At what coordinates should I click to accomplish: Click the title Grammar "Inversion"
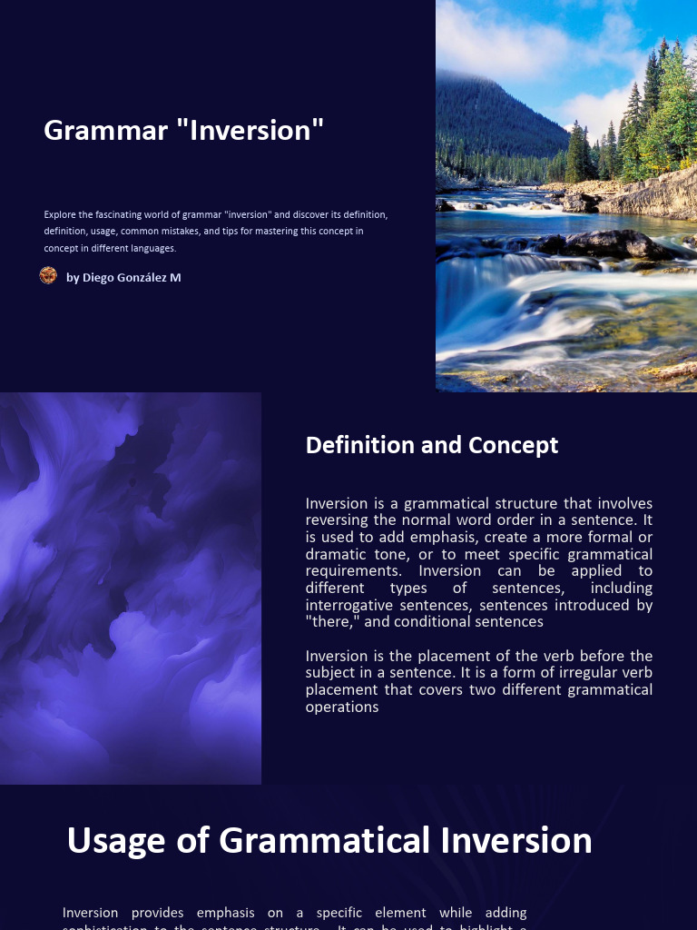pos(183,130)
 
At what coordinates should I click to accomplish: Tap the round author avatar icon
pos(48,276)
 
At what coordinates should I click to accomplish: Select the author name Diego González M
pos(123,277)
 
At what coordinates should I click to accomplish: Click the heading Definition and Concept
pos(432,445)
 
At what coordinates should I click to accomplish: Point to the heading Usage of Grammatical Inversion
pos(329,840)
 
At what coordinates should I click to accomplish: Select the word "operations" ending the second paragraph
pos(342,707)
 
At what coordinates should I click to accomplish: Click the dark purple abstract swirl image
pos(131,588)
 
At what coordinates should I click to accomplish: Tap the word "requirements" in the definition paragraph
pos(357,571)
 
